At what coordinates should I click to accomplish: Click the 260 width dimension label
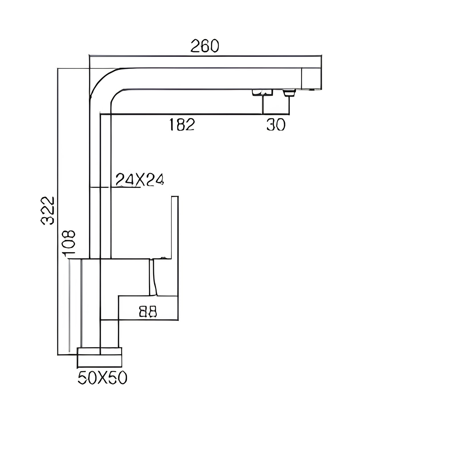205,46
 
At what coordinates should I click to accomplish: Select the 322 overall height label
48,210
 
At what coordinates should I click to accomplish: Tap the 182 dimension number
182,125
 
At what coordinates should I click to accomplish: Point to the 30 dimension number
276,125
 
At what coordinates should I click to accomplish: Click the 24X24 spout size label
139,180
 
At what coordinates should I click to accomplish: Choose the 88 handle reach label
148,312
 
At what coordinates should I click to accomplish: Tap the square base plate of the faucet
99,357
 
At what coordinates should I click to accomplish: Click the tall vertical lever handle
175,246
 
